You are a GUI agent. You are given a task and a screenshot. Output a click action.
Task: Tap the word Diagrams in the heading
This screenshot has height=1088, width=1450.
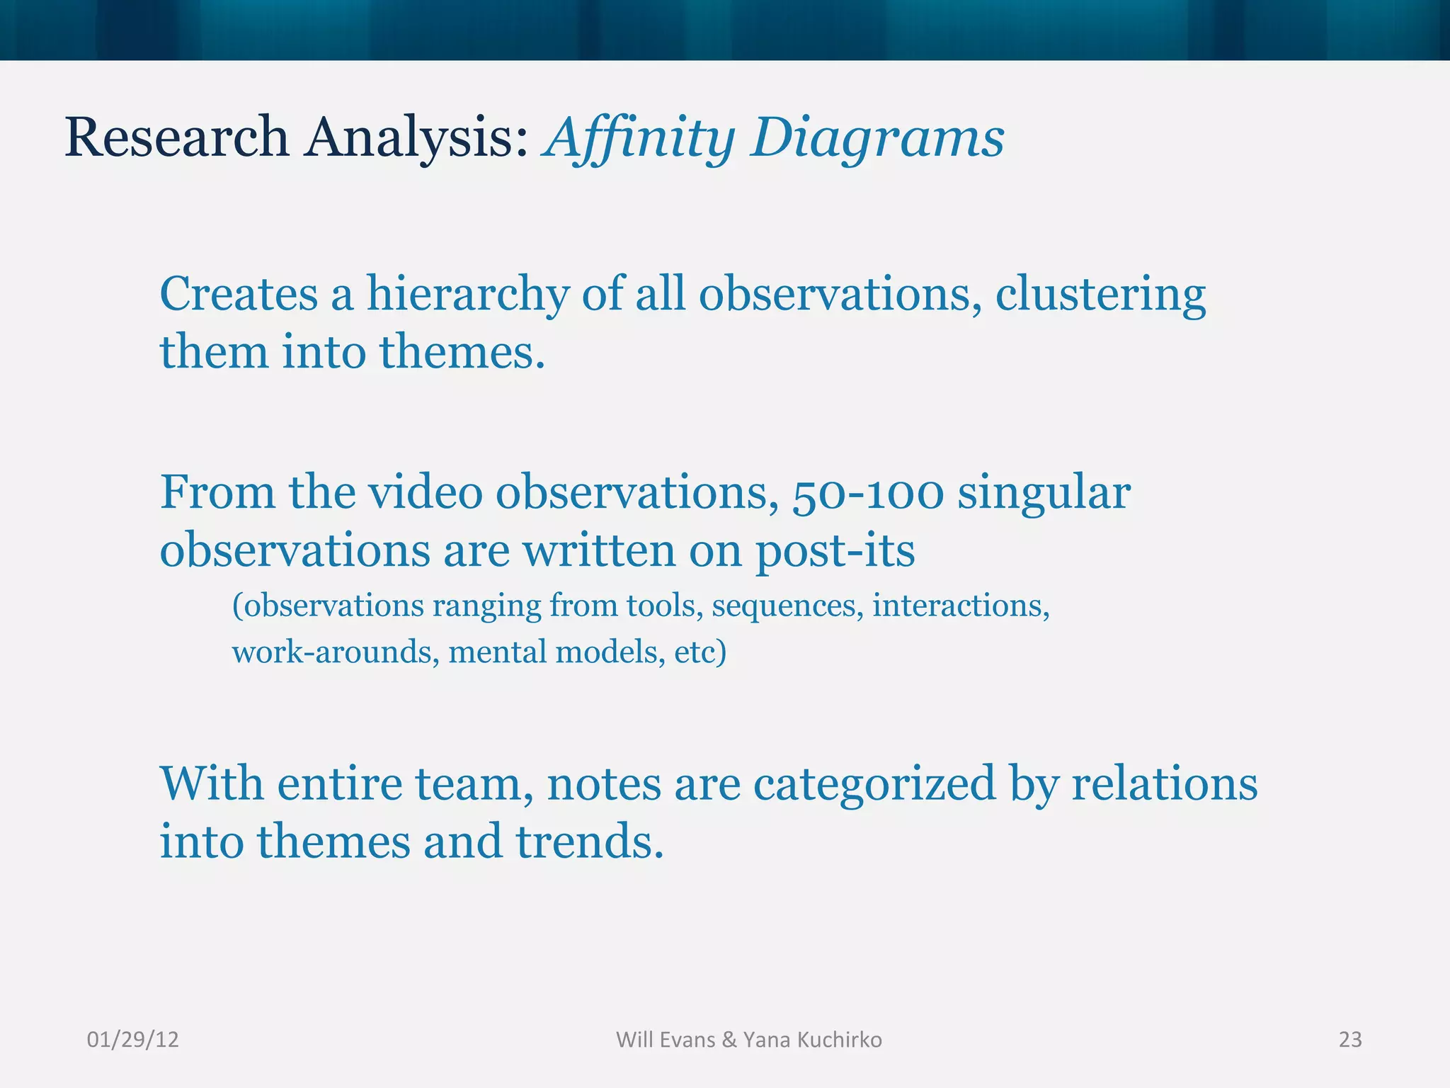point(877,138)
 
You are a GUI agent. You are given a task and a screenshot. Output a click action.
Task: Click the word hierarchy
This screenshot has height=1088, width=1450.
point(467,294)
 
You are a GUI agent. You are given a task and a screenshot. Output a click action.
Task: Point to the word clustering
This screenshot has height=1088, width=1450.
point(1100,294)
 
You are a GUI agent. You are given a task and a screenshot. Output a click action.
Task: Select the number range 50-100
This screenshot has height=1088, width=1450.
point(868,493)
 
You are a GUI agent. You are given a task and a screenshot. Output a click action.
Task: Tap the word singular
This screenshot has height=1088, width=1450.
point(1044,493)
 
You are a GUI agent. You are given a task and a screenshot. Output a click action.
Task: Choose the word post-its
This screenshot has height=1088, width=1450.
point(835,550)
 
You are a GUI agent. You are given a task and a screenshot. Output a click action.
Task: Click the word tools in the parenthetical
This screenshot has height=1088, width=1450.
point(665,606)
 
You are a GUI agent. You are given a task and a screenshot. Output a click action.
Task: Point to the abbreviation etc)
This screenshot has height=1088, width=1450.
point(700,652)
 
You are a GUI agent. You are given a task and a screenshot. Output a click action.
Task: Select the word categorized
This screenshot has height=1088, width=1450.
point(874,785)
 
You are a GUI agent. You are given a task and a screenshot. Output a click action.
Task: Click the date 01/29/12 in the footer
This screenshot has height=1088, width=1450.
point(132,1040)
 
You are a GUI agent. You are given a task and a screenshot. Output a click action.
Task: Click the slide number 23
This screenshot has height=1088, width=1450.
point(1349,1040)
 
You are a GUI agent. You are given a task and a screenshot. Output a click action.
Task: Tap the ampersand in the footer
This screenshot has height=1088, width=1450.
point(729,1040)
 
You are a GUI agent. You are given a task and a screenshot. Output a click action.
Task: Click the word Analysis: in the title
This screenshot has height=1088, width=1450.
point(417,138)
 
